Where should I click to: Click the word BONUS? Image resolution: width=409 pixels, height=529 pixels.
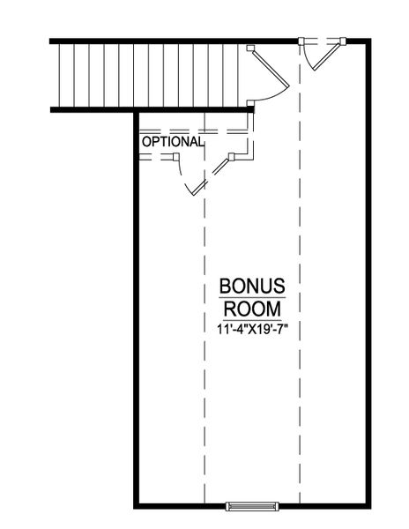click(x=251, y=287)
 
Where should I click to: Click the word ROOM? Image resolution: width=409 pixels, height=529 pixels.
click(x=252, y=309)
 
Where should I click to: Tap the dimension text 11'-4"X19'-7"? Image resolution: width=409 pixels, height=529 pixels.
click(x=252, y=329)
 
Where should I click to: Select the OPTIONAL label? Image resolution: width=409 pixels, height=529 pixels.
click(x=173, y=141)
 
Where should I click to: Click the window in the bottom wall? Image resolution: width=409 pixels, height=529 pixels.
click(x=252, y=506)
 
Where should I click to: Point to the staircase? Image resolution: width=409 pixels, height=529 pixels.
click(x=150, y=74)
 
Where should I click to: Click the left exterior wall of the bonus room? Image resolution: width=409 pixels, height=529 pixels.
click(x=136, y=309)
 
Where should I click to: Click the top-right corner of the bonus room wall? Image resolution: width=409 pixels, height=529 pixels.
click(x=368, y=41)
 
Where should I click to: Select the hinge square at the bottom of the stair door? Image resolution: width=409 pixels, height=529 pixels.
click(x=251, y=104)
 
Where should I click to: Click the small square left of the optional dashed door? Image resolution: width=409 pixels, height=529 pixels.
click(x=176, y=158)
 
